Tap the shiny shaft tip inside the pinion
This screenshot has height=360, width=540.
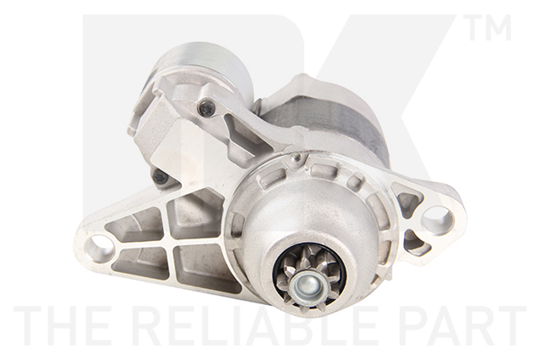tap(308, 286)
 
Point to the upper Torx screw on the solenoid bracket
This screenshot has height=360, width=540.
tap(206, 109)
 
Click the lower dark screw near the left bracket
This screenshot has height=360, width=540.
tap(160, 177)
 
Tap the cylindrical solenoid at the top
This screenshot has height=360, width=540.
tap(202, 67)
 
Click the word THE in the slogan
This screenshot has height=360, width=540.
tap(62, 326)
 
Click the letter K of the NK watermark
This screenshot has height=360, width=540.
tap(378, 90)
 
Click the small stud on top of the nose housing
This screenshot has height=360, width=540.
tap(295, 158)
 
